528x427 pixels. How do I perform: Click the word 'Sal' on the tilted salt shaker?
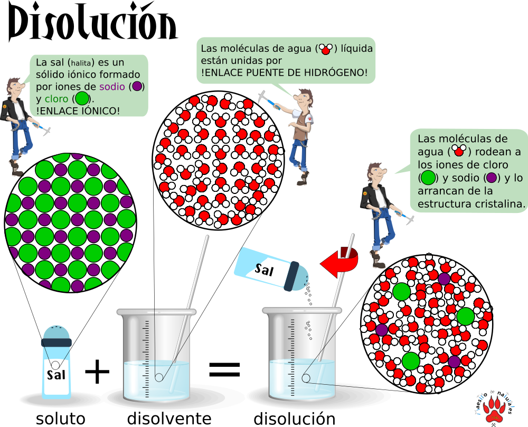pyautogui.click(x=264, y=270)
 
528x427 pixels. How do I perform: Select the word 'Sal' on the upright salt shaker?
pyautogui.click(x=56, y=375)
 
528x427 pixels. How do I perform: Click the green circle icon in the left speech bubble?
pyautogui.click(x=82, y=99)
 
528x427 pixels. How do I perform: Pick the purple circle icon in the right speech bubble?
pyautogui.click(x=491, y=178)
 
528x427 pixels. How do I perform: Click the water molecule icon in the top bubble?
pyautogui.click(x=326, y=49)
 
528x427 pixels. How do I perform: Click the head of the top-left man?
pyautogui.click(x=14, y=85)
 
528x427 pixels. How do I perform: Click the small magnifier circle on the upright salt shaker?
pyautogui.click(x=55, y=365)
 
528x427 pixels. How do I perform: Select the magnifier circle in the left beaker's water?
pyautogui.click(x=159, y=377)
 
